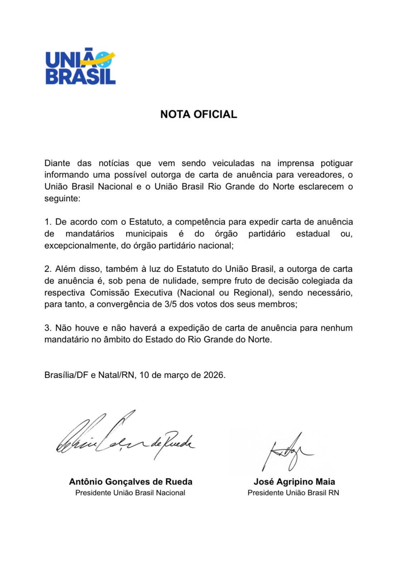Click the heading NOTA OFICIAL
click(199, 114)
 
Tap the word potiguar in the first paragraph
click(336, 163)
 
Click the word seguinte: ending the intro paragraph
click(62, 198)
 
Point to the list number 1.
click(48, 222)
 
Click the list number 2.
click(48, 269)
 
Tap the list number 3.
click(48, 328)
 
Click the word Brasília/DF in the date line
click(66, 375)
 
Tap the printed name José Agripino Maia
click(294, 482)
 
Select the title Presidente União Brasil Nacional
click(130, 493)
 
